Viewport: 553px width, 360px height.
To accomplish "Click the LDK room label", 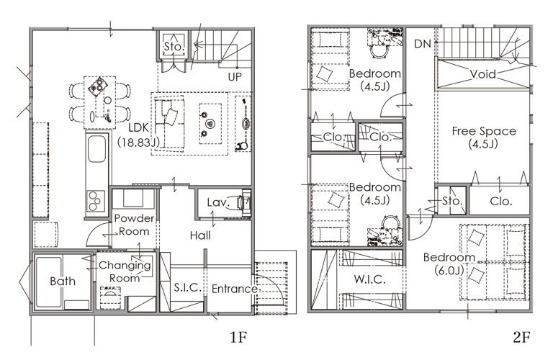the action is pos(138,135).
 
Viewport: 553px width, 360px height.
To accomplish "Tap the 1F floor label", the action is pos(238,338).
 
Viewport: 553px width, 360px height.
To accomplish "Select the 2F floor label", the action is pos(521,338).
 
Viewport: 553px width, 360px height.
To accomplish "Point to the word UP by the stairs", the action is pos(235,77).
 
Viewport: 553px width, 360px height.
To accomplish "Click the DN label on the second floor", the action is pos(423,44).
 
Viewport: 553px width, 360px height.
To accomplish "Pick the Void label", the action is pos(483,74).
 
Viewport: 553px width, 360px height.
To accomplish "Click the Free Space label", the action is pos(484,137).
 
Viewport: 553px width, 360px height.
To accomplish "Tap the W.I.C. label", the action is pos(369,279).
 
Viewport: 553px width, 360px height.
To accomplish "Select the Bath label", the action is pos(63,281).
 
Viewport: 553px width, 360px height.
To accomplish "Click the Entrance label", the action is pos(235,289).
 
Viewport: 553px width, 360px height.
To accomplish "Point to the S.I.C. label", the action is pos(188,288).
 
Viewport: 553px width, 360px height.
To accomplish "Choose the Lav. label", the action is pos(218,202).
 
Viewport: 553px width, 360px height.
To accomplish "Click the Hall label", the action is pos(200,235).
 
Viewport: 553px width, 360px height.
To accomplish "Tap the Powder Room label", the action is pos(134,225).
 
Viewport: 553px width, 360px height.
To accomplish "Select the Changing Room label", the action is pos(125,271).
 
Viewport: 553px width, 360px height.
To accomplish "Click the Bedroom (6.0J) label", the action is pos(449,264).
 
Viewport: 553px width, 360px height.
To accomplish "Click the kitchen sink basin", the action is pos(96,148).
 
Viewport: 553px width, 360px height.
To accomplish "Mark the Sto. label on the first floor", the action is pos(174,47).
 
